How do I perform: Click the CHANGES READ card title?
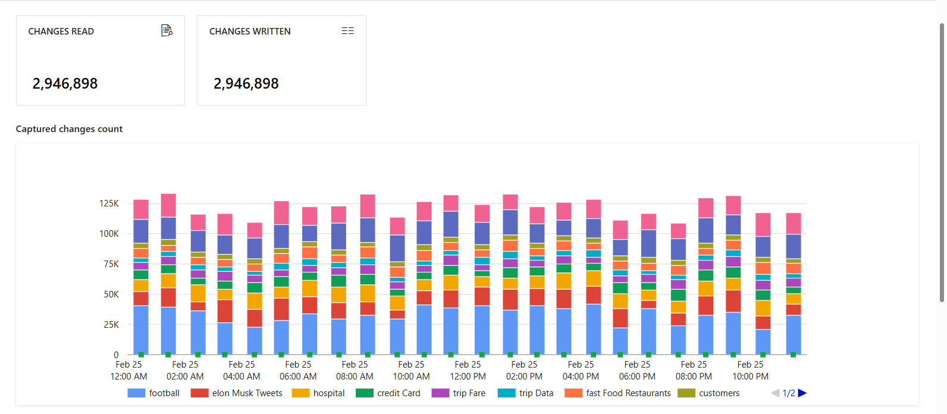[61, 32]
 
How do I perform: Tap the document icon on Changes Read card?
[167, 30]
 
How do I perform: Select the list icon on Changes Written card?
[347, 31]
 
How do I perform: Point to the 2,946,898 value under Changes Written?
[246, 84]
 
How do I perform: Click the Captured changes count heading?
[69, 129]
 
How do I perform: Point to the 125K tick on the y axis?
[109, 203]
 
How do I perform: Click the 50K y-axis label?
[111, 294]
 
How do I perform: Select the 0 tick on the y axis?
[116, 355]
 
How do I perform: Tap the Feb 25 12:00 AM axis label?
[128, 370]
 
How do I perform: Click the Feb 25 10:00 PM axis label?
[750, 370]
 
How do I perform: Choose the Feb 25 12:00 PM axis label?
[468, 370]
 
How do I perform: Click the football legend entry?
[154, 393]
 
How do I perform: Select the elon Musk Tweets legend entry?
[237, 393]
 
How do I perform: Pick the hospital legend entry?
[319, 393]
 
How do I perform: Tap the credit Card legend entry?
[388, 393]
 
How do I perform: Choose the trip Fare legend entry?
[459, 393]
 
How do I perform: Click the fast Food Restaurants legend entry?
[618, 393]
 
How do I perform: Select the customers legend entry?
[709, 393]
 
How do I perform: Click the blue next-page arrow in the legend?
[802, 393]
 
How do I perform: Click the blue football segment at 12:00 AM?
[141, 330]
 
